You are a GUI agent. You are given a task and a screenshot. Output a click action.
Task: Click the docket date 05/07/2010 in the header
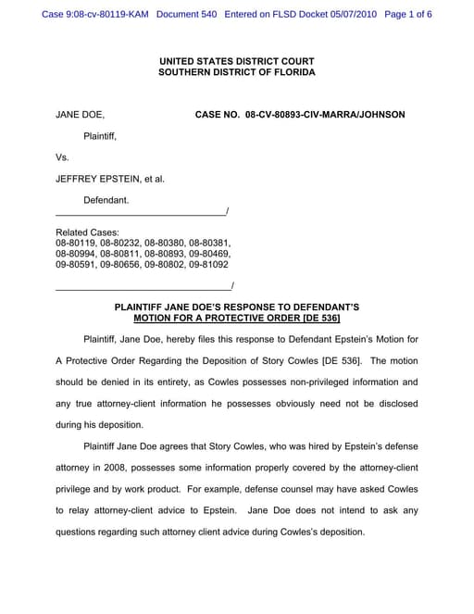[x=354, y=15]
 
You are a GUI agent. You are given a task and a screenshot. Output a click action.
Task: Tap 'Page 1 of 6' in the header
[x=408, y=15]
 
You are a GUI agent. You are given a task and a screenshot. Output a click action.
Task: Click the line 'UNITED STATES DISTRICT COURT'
[x=236, y=60]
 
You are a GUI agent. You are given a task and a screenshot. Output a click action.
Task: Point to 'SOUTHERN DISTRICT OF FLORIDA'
[x=236, y=72]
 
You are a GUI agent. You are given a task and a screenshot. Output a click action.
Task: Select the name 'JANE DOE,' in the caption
[x=81, y=115]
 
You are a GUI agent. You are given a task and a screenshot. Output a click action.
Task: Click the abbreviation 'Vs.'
[x=63, y=157]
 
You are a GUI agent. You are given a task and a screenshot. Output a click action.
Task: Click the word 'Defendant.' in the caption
[x=106, y=200]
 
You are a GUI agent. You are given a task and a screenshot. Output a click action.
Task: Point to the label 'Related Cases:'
[x=87, y=232]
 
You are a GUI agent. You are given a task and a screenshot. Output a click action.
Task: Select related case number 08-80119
[x=76, y=243]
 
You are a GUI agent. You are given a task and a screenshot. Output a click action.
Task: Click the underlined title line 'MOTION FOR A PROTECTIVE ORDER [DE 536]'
[x=236, y=318]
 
